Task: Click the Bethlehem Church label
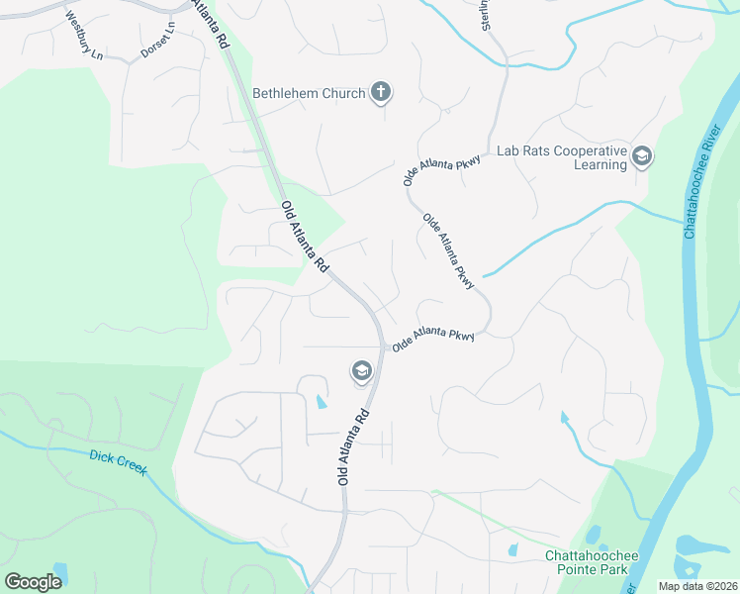(x=309, y=94)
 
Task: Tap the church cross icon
(x=380, y=94)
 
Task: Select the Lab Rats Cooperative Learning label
(x=561, y=157)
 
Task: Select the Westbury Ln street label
(x=84, y=37)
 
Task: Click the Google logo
(x=33, y=582)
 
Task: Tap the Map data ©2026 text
(x=696, y=586)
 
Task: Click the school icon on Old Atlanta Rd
(x=361, y=372)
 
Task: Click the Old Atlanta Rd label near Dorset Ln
(x=305, y=238)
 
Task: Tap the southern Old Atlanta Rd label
(x=353, y=445)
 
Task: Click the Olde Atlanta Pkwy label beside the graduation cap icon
(x=433, y=340)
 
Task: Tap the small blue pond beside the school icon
(x=320, y=401)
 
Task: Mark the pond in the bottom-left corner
(x=60, y=571)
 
